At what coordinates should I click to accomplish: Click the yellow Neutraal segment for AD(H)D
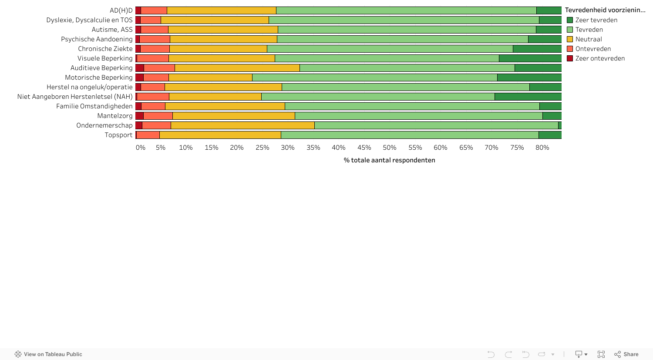(221, 10)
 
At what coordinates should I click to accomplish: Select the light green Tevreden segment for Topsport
(409, 135)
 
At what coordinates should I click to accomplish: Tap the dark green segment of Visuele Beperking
(530, 58)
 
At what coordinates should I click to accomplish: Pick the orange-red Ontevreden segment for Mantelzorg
(158, 116)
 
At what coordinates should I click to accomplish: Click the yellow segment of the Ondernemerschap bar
(242, 125)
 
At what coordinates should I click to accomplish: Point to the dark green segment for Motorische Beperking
(529, 77)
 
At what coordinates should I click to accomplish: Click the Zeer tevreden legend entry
(596, 20)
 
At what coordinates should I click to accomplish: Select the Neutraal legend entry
(589, 39)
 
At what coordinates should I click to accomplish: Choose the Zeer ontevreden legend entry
(600, 58)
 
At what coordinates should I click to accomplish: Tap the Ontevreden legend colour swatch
(570, 49)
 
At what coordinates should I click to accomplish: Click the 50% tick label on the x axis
(389, 148)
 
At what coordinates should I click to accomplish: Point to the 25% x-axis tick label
(262, 148)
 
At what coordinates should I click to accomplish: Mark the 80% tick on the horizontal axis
(542, 148)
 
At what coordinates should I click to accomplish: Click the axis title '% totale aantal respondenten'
(389, 160)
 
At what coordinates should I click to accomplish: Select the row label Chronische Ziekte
(105, 49)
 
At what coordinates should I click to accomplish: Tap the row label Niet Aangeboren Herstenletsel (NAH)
(75, 97)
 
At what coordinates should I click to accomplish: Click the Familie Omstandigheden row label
(94, 106)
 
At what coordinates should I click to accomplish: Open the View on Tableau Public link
(48, 354)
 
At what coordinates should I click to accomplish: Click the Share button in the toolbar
(626, 354)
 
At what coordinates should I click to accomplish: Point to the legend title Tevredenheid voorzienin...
(605, 10)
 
